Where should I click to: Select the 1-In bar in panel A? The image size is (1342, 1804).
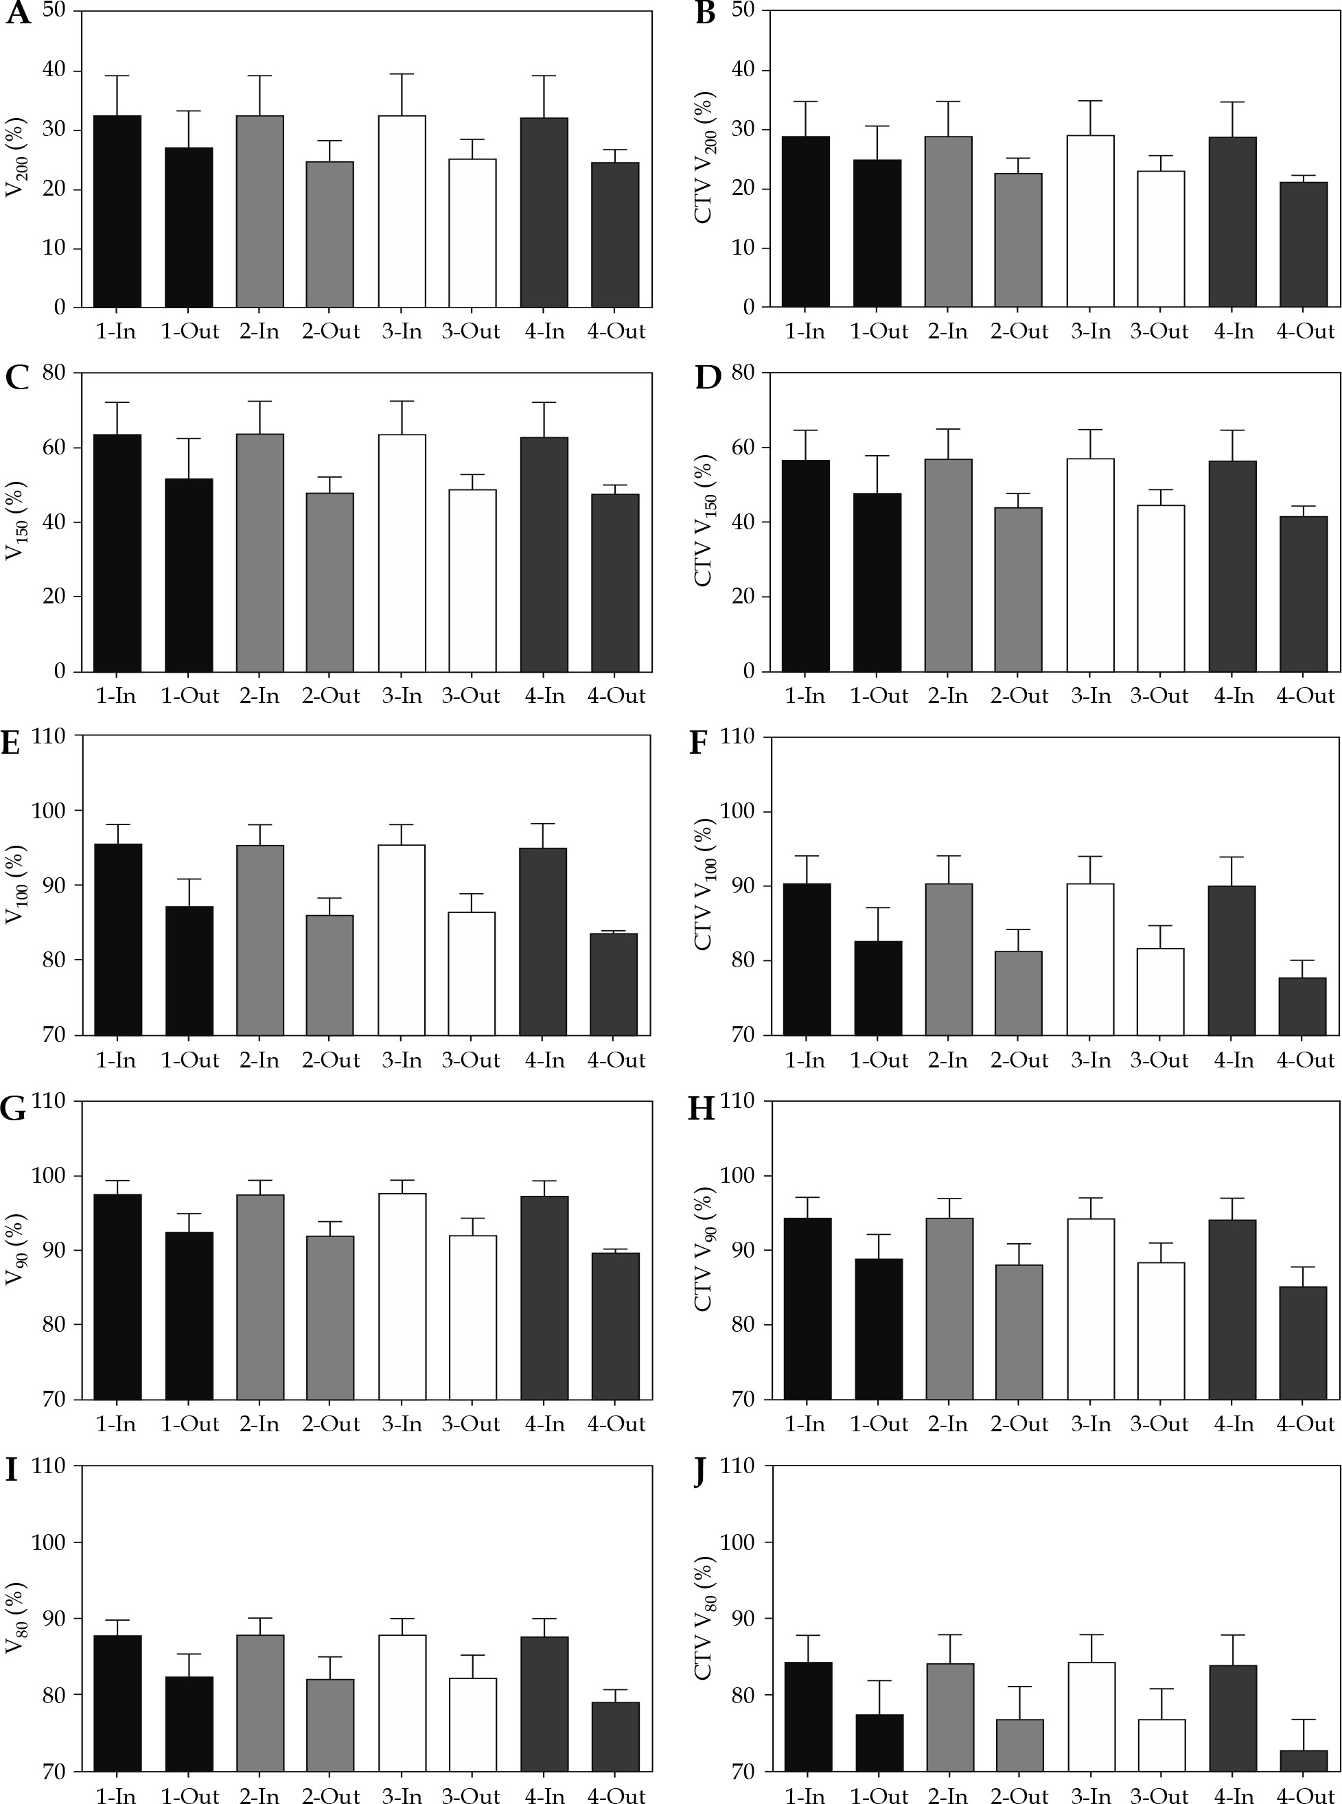pos(118,211)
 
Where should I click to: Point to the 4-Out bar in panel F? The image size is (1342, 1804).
pos(1302,1006)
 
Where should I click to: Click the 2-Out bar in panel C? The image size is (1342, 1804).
pos(329,581)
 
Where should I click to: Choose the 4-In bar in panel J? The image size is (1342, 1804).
pos(1232,1716)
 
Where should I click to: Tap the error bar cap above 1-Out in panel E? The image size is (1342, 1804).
pos(189,879)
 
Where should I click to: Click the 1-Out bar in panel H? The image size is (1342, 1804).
pos(878,1329)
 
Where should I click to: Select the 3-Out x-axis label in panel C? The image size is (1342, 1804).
pos(471,696)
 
